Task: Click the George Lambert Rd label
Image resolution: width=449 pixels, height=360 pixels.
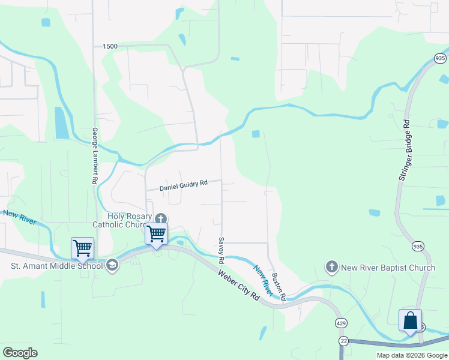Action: tap(95, 155)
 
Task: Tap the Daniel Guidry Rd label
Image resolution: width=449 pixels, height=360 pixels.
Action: tap(183, 186)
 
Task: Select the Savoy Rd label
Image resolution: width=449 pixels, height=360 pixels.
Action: tap(221, 250)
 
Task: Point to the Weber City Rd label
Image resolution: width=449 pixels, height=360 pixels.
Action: tap(239, 287)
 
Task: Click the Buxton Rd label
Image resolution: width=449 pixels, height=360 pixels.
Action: tap(278, 286)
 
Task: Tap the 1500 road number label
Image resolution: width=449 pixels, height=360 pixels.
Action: tap(110, 46)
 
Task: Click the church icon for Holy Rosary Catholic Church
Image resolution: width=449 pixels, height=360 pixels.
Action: tap(160, 218)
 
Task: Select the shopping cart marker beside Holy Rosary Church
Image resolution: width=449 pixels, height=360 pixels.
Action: tap(156, 233)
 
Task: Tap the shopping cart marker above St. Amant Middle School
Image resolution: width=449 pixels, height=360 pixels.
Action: tap(82, 247)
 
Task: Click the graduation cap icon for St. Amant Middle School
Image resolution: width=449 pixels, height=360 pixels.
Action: tap(112, 266)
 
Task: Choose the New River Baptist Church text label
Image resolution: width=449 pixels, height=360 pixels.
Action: tap(388, 268)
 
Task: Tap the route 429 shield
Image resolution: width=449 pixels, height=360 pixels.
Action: tap(340, 323)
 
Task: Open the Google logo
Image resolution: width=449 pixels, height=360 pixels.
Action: tap(20, 353)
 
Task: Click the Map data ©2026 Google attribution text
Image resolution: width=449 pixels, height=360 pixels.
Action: tap(412, 355)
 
